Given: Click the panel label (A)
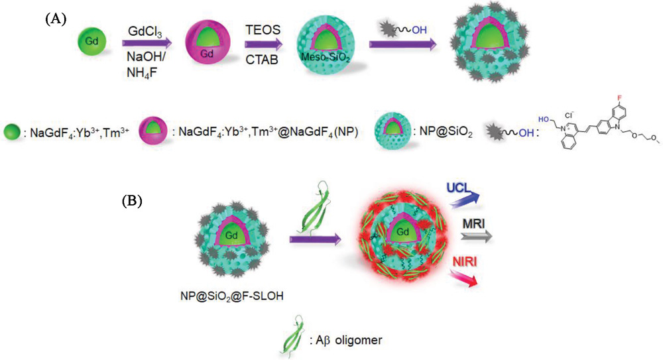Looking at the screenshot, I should [56, 19].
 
